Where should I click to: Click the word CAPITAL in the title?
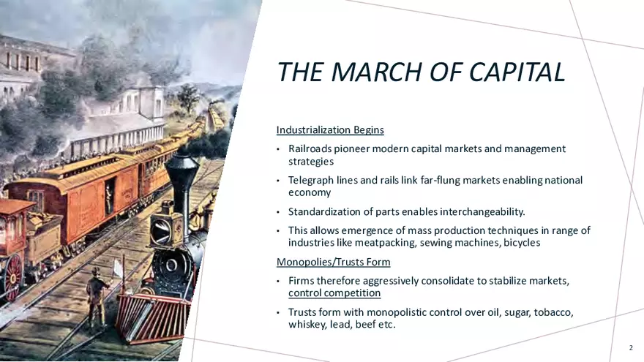[517, 72]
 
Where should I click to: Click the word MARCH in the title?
[375, 72]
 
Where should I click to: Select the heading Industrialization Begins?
[330, 129]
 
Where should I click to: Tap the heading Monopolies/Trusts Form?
[334, 262]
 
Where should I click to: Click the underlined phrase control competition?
[334, 293]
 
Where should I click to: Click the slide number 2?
[631, 347]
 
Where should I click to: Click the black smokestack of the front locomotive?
[182, 185]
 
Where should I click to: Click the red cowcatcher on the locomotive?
[153, 317]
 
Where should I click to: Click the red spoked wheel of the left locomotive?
[12, 277]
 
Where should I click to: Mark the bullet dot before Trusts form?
[278, 313]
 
